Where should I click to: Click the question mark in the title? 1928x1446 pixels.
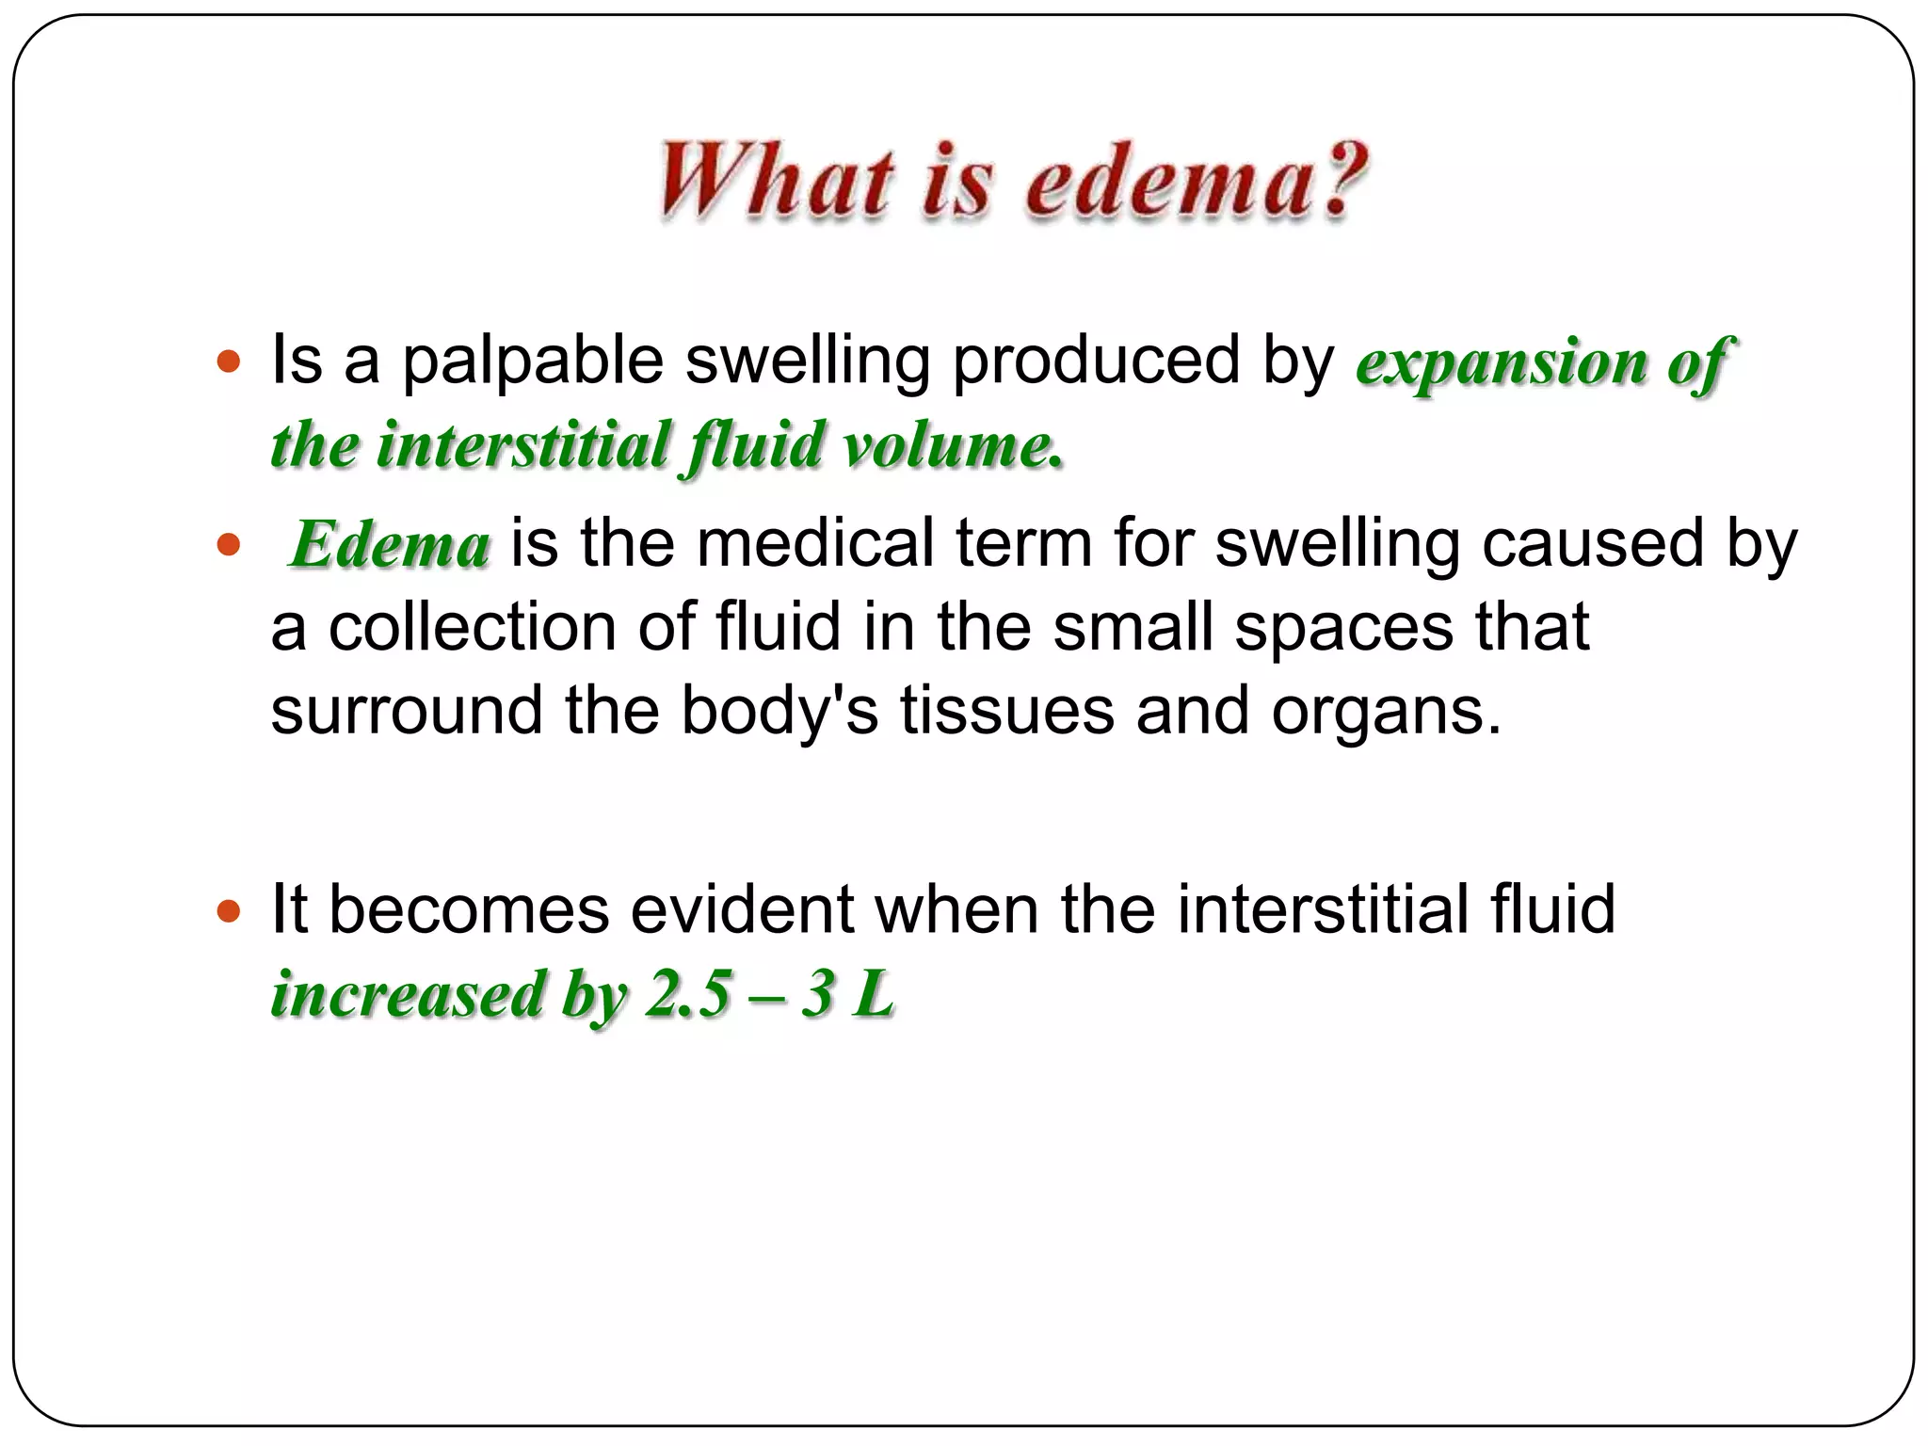(x=1338, y=179)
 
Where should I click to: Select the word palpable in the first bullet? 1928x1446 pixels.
(x=533, y=361)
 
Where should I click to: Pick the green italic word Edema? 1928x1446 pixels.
(x=390, y=544)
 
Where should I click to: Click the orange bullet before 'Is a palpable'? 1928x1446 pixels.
(x=229, y=361)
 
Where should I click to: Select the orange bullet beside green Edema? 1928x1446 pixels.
(x=229, y=544)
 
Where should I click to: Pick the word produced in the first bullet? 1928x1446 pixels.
(x=1096, y=361)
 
